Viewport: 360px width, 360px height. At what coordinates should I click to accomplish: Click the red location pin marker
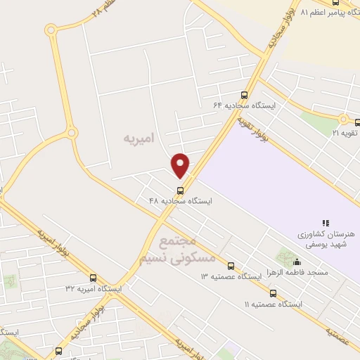pos(181,165)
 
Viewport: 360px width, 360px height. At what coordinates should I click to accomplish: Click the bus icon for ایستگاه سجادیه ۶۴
pos(245,95)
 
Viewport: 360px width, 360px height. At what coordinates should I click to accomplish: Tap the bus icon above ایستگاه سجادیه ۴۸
pos(181,191)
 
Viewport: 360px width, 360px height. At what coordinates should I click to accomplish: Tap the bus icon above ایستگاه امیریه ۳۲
pos(94,278)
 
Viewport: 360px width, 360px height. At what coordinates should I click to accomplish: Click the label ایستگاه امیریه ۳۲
pos(94,289)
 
